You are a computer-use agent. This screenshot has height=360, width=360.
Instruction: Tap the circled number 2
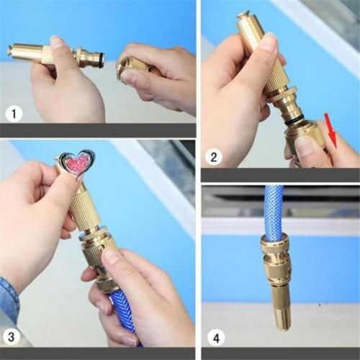coord(214,155)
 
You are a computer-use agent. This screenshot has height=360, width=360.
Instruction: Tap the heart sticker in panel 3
coord(77,163)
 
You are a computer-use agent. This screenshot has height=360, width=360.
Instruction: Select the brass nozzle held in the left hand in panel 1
coord(43,53)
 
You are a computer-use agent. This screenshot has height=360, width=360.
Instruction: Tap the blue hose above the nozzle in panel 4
coord(273,212)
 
